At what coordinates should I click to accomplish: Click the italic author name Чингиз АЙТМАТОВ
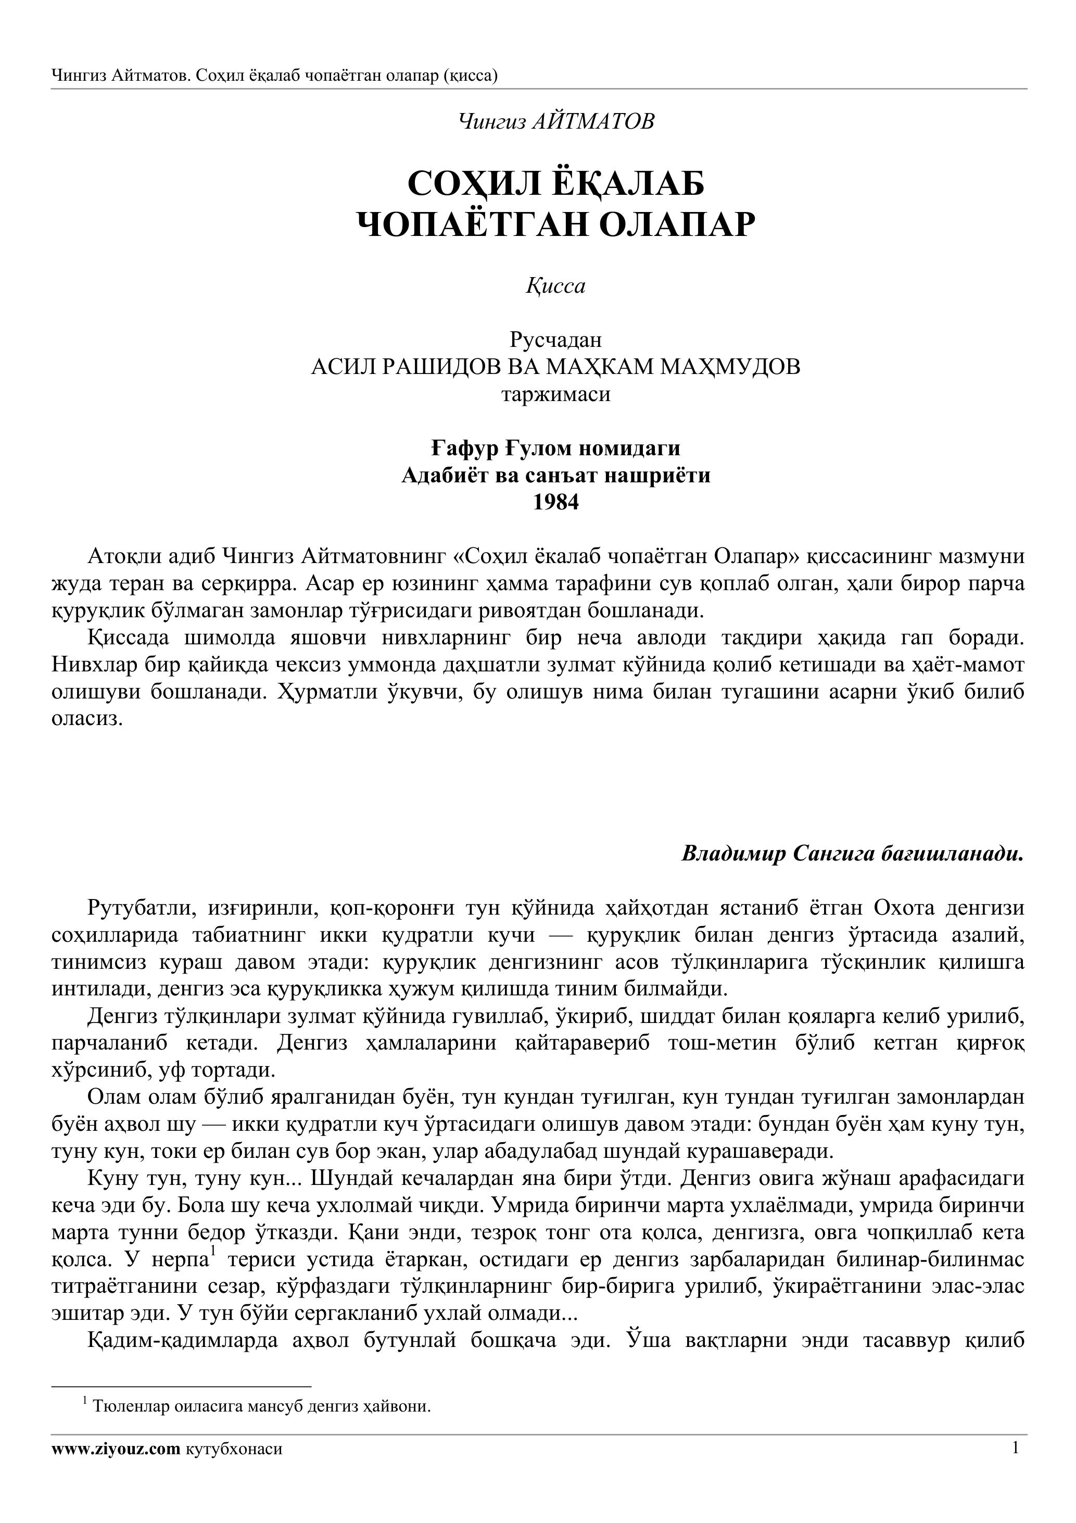click(555, 122)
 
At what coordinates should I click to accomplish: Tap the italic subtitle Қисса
click(555, 286)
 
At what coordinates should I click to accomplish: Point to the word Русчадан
click(555, 340)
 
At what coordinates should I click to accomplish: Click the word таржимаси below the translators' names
click(555, 395)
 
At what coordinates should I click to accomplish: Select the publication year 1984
click(555, 503)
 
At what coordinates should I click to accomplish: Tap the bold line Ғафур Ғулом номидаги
click(555, 448)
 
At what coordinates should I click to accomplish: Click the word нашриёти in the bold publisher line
click(664, 476)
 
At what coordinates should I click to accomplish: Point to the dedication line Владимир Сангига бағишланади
click(853, 853)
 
